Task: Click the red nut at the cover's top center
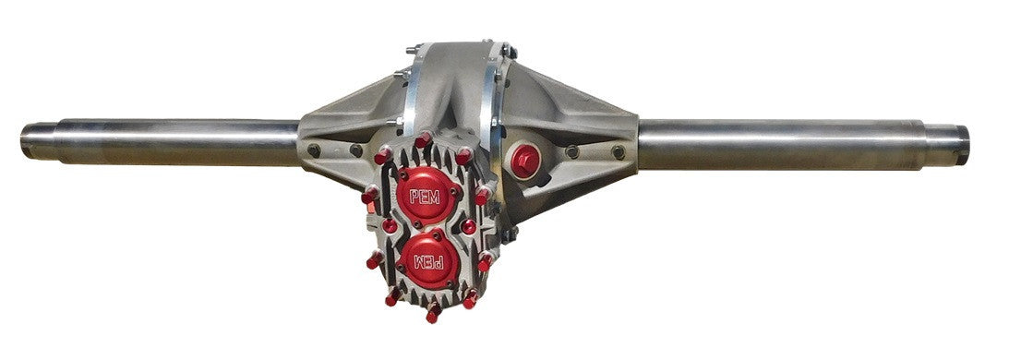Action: pyautogui.click(x=423, y=140)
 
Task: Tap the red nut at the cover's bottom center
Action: pyautogui.click(x=432, y=314)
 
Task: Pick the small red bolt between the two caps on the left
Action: pyautogui.click(x=390, y=225)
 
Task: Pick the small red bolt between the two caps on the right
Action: pyautogui.click(x=469, y=227)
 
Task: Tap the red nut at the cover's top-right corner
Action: pyautogui.click(x=464, y=155)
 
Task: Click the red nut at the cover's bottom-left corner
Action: pyautogui.click(x=392, y=297)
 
